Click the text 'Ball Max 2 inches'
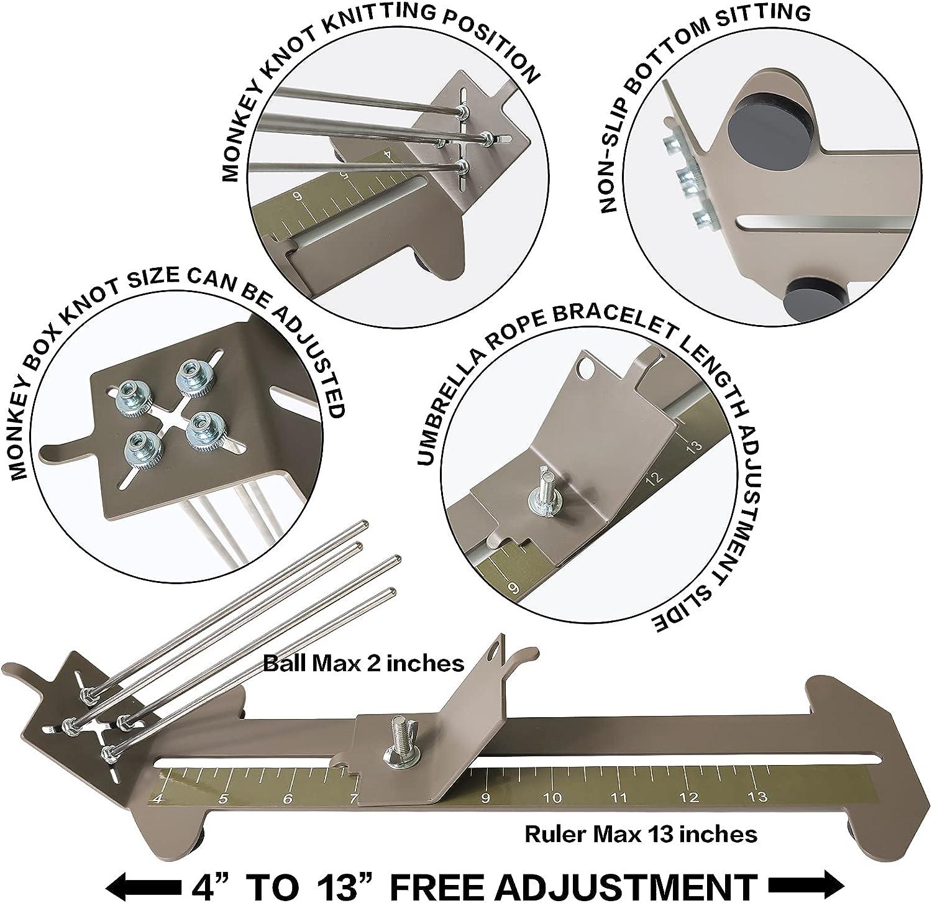(x=363, y=663)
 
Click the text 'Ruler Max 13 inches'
(x=641, y=833)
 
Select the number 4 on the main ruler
(x=159, y=799)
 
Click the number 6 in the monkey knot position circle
(x=299, y=197)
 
